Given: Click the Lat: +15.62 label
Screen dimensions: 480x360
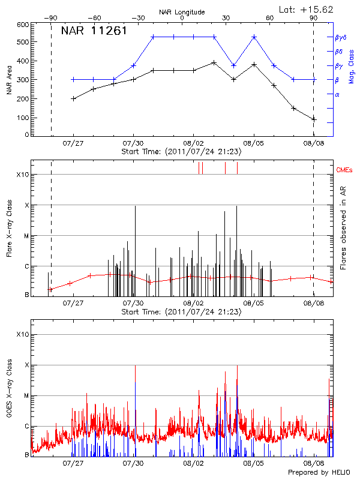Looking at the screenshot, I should click(x=307, y=9).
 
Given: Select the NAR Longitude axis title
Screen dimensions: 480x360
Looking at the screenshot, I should click(x=182, y=12).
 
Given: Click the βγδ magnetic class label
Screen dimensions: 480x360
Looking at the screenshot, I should click(x=340, y=37).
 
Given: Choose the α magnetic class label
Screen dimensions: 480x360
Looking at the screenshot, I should click(x=337, y=94).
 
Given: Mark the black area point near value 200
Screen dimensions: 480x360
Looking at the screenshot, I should click(x=73, y=98).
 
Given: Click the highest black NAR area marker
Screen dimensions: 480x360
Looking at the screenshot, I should click(x=214, y=62).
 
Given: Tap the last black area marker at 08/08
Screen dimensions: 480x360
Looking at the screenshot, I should click(x=314, y=119).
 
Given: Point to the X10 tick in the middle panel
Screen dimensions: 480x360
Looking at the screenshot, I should click(x=22, y=175).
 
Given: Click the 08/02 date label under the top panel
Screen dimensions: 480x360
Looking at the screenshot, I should click(x=193, y=143).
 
